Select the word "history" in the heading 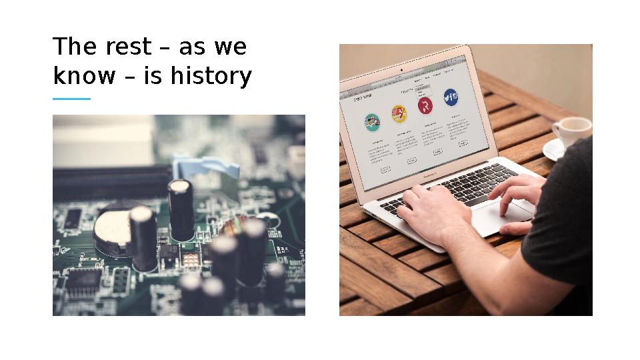(210, 77)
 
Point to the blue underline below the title (71, 99)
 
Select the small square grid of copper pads (119, 280)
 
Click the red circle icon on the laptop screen (425, 105)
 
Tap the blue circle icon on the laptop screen (451, 97)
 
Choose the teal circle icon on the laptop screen (372, 122)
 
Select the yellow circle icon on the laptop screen (399, 114)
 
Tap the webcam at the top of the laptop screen (401, 69)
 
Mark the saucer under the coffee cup (553, 151)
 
